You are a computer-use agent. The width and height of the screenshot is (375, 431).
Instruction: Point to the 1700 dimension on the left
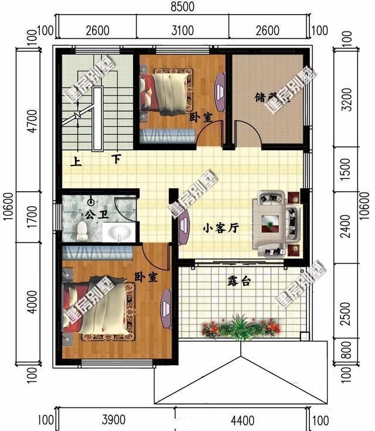33,216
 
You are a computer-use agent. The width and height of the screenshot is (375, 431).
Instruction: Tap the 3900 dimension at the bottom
113,420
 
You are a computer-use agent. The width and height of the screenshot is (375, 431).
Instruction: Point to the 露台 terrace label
238,281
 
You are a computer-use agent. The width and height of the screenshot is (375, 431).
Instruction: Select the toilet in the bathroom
83,230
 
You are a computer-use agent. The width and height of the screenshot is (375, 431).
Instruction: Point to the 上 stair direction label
76,159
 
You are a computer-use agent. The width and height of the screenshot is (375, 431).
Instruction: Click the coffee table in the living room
270,222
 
